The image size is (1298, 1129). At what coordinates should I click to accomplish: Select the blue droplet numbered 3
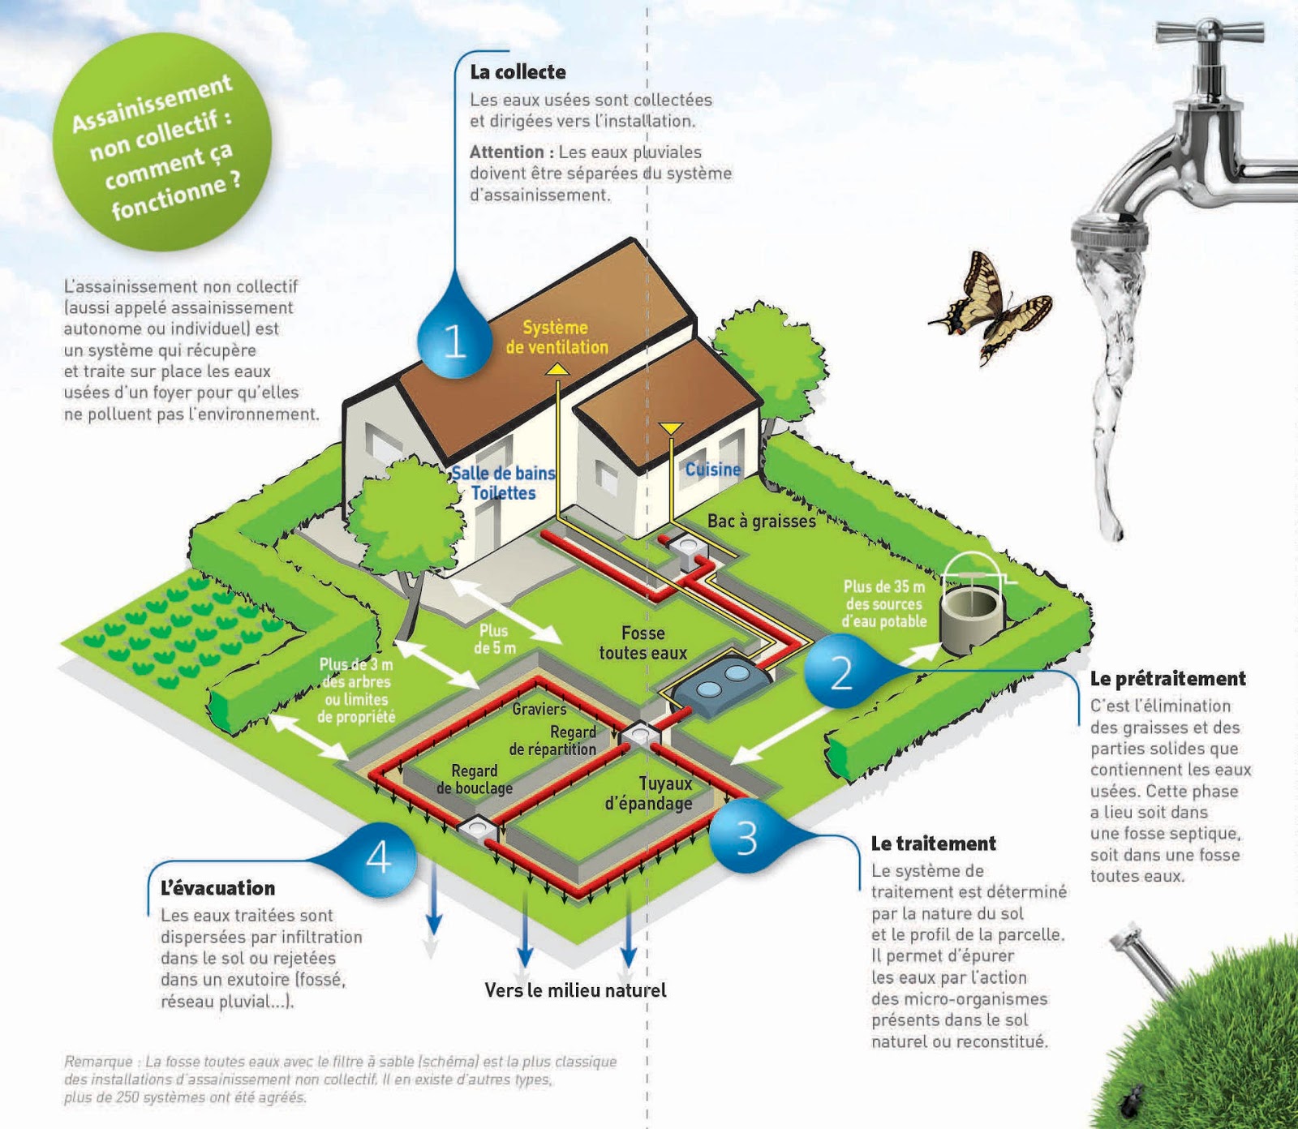pos(746,837)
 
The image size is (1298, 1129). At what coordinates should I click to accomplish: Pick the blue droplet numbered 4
pos(379,856)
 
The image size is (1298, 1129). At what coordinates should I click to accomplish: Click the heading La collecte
pos(518,72)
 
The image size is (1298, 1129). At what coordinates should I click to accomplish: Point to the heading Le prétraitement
pos(1167,679)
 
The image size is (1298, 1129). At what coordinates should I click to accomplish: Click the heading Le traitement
pos(933,844)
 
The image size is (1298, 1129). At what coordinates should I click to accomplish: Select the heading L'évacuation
pos(217,888)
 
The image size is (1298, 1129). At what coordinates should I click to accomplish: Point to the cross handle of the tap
pos(1210,32)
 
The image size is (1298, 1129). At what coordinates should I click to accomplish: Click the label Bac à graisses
pos(761,522)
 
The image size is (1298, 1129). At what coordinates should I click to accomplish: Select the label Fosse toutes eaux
pos(643,643)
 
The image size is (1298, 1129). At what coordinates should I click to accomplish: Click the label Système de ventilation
pos(557,337)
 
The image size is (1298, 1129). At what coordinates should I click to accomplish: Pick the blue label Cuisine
pos(712,470)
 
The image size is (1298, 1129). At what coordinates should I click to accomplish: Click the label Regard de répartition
pos(553,741)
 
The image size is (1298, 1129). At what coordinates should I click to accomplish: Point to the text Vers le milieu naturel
pos(575,990)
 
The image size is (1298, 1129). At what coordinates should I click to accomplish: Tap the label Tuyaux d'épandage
pos(649,793)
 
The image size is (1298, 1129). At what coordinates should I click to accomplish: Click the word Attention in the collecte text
pos(506,152)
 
